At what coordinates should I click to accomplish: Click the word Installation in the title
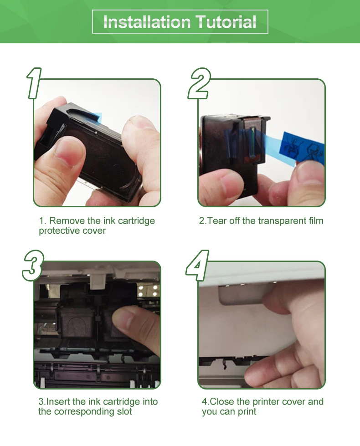147,22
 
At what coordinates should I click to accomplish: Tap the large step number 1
34,83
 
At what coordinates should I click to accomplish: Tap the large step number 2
199,83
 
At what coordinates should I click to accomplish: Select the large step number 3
33,266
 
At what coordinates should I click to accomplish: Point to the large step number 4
197,266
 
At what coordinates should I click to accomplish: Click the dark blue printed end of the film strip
303,148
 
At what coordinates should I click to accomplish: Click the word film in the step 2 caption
316,221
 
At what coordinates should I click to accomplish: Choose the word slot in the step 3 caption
124,411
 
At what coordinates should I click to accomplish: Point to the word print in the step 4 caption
247,411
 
